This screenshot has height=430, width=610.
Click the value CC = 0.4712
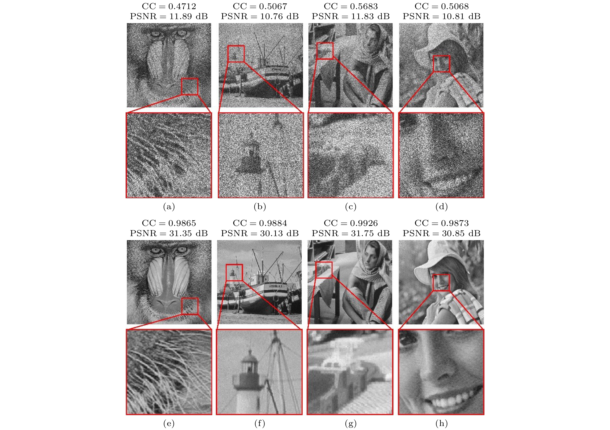(169, 6)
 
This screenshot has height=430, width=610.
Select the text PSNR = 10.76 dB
(260, 16)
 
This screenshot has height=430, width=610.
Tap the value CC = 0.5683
(351, 6)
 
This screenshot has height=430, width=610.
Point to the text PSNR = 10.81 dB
(442, 16)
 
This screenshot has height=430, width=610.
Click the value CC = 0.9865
(169, 223)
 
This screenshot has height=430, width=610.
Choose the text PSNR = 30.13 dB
(260, 233)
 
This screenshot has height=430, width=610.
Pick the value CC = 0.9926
(351, 223)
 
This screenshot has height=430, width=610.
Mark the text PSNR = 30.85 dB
(442, 233)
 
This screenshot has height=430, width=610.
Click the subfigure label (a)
(169, 207)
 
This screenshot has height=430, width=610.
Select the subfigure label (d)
(442, 207)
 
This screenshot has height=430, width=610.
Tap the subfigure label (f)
(260, 424)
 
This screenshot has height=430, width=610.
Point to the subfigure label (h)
(442, 424)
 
